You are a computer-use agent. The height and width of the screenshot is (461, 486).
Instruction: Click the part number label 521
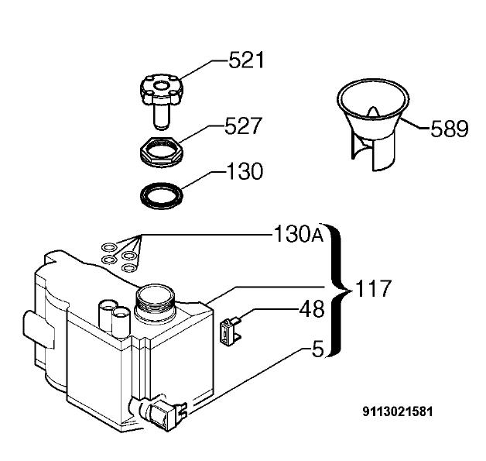tap(246, 60)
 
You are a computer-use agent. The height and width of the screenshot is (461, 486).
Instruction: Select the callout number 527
tap(244, 126)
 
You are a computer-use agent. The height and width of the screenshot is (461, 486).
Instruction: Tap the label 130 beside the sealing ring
tap(245, 171)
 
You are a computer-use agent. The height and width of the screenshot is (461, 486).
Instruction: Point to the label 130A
tap(299, 234)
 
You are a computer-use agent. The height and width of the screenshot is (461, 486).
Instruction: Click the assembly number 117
tap(372, 288)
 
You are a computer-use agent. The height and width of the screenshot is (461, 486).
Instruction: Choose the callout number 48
tap(312, 308)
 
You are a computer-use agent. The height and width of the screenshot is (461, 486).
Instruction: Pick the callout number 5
tap(318, 349)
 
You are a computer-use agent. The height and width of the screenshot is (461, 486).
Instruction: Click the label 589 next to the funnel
tap(450, 129)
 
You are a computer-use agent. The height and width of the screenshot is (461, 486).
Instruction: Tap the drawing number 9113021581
tap(398, 412)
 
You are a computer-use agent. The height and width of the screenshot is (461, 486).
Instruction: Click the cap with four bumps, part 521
tap(162, 89)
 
